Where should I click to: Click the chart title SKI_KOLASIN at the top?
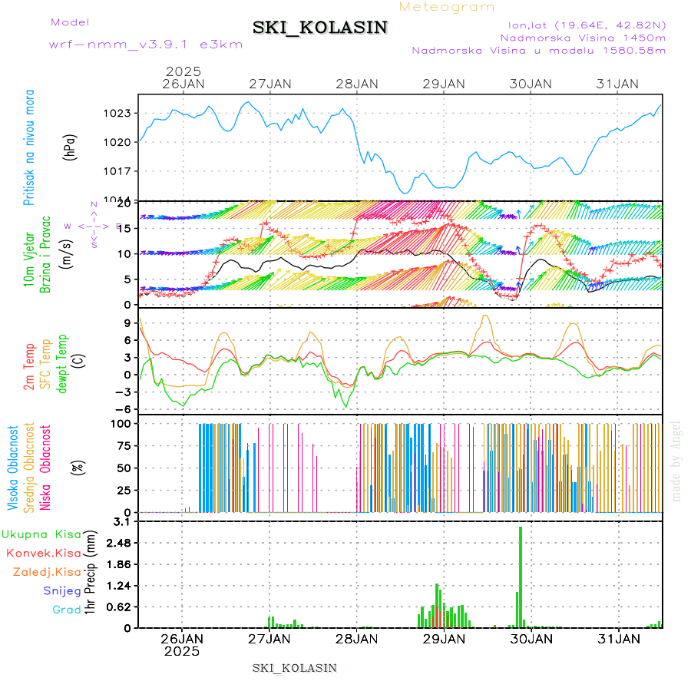[x=320, y=28]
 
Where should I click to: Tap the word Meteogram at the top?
[x=448, y=7]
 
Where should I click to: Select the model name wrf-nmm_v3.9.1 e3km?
[x=146, y=45]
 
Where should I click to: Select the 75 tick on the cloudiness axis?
[x=124, y=445]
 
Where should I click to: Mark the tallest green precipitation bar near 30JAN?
[x=521, y=576]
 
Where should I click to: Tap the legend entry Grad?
[x=66, y=610]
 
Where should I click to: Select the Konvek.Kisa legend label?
[x=43, y=553]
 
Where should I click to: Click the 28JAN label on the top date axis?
[x=357, y=84]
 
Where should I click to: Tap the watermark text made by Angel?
[x=676, y=461]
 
